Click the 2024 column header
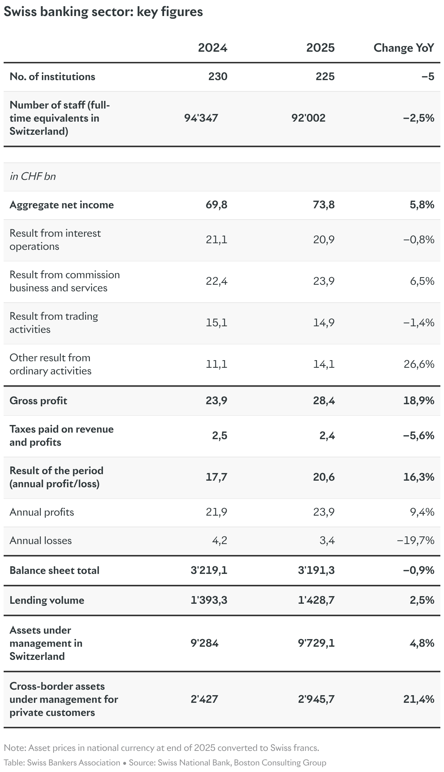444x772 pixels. [x=213, y=48]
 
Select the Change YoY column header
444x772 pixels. [x=404, y=48]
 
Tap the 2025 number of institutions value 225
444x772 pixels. [x=325, y=76]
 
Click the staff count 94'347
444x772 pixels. [x=201, y=118]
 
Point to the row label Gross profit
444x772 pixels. [x=38, y=401]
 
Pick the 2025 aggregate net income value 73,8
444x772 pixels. [x=324, y=205]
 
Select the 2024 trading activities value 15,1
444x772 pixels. [x=217, y=323]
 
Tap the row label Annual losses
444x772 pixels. [x=41, y=540]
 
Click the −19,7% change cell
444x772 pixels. [x=416, y=540]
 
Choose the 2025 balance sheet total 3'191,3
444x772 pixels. [x=316, y=570]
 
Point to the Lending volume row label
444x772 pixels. [x=47, y=600]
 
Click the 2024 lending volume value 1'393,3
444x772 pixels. [x=209, y=600]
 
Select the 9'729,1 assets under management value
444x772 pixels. [x=316, y=643]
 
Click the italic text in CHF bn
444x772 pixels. [x=33, y=176]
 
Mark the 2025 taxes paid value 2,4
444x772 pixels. [x=327, y=436]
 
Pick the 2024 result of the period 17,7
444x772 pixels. [x=217, y=477]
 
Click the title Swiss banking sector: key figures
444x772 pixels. [x=103, y=12]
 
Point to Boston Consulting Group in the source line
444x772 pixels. [x=280, y=763]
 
